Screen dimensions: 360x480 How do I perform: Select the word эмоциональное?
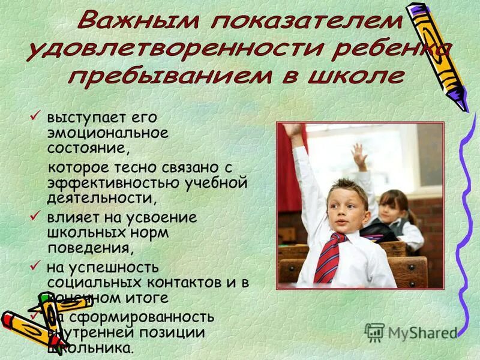coord(109,131)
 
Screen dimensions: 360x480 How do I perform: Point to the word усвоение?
coord(161,217)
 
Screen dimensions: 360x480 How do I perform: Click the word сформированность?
coord(131,317)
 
